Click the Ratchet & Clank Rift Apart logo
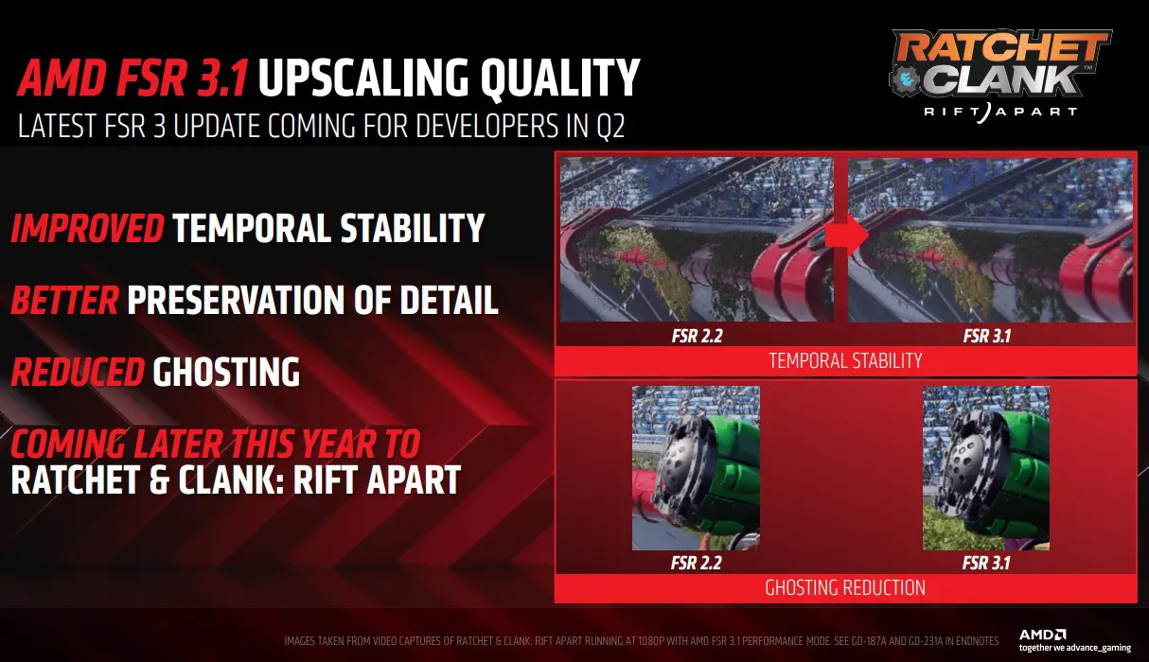1000,76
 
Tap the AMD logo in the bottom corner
1042,635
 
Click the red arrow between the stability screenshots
847,235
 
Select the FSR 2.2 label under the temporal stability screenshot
698,336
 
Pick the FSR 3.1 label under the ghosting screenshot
986,563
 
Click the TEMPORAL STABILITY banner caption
845,360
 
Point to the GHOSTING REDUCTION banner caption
845,587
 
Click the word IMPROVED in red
88,228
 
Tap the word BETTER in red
65,300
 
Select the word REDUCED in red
78,372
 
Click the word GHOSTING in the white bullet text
226,372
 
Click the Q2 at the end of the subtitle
610,126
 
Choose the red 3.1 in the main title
221,78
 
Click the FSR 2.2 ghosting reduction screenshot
696,468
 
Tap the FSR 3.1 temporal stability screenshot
990,240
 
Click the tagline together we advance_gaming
1075,648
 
